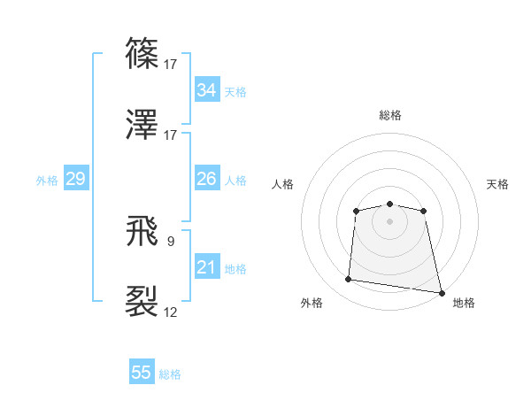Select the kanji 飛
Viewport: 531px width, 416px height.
142,233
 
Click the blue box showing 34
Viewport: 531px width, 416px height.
206,90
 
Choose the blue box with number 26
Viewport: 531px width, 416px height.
206,179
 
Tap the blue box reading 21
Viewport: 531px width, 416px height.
206,267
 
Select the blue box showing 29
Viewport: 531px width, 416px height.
75,179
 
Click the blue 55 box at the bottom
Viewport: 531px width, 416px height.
142,373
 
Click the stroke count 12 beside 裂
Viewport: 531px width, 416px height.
171,312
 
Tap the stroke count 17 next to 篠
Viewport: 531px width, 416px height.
171,65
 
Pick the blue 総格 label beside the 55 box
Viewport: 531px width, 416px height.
170,374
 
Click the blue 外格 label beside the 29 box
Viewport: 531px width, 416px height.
47,181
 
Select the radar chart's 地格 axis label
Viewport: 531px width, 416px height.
464,303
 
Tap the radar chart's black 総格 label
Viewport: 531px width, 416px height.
389,115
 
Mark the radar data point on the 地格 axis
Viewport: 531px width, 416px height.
441,292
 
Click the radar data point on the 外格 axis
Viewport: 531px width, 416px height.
349,280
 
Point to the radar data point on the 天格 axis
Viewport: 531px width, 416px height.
424,211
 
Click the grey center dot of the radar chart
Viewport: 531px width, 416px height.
389,220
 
